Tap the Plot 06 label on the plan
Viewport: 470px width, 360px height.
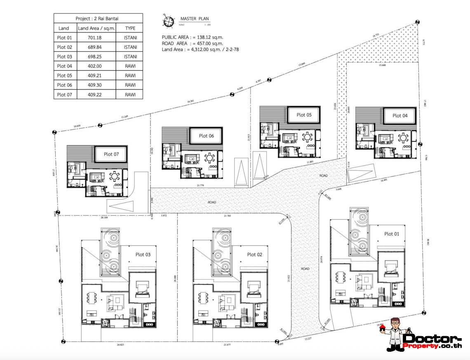[206, 136]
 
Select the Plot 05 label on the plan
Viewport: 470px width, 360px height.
[304, 115]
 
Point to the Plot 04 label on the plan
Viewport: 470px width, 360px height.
[399, 116]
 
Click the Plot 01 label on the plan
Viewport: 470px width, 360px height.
[391, 234]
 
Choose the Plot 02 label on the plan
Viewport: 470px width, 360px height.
[254, 255]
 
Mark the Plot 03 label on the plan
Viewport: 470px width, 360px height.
[143, 255]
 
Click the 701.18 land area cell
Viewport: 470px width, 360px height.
[95, 38]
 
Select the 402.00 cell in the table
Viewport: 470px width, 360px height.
[95, 66]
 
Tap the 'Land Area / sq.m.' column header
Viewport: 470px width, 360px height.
[95, 28]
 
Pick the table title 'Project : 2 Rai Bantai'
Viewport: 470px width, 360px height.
[98, 19]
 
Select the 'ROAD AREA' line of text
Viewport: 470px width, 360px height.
[193, 43]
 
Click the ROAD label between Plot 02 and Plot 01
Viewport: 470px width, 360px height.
[305, 269]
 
